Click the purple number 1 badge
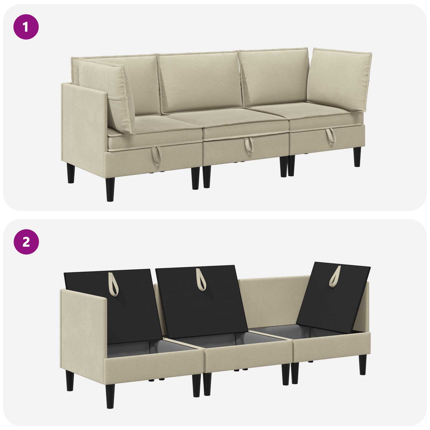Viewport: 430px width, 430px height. coord(26,27)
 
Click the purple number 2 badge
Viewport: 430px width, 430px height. coord(26,242)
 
